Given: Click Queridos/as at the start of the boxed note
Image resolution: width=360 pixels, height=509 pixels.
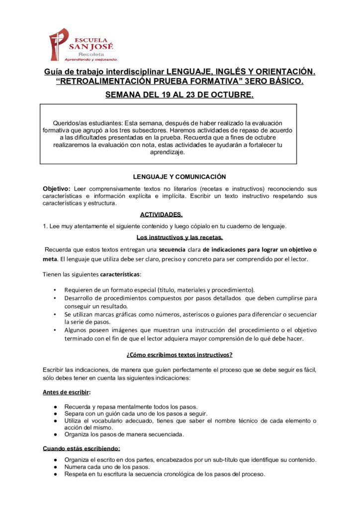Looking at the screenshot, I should point(70,123).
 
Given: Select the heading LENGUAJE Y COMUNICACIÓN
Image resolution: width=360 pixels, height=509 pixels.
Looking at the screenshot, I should point(180,176).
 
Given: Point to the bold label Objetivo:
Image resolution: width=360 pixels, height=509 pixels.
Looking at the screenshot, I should point(57,189).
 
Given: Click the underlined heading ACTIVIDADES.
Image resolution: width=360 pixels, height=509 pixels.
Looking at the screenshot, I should point(161,215).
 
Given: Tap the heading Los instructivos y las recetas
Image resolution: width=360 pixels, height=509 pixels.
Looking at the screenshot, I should point(180,237).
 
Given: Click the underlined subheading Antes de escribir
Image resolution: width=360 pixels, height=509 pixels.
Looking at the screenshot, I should point(66,392).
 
